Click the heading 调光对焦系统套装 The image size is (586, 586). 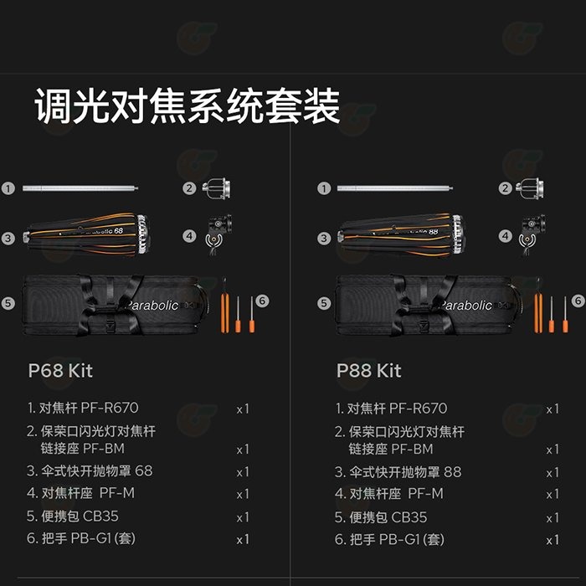187,108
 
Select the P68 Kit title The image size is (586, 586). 60,370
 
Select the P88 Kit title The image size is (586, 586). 368,370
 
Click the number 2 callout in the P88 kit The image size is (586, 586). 505,189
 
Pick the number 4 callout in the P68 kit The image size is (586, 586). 190,237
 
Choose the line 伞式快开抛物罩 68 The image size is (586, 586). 90,471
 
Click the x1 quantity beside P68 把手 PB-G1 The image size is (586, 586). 243,540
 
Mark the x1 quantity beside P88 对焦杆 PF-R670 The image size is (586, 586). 553,409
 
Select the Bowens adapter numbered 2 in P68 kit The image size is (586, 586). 217,189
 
